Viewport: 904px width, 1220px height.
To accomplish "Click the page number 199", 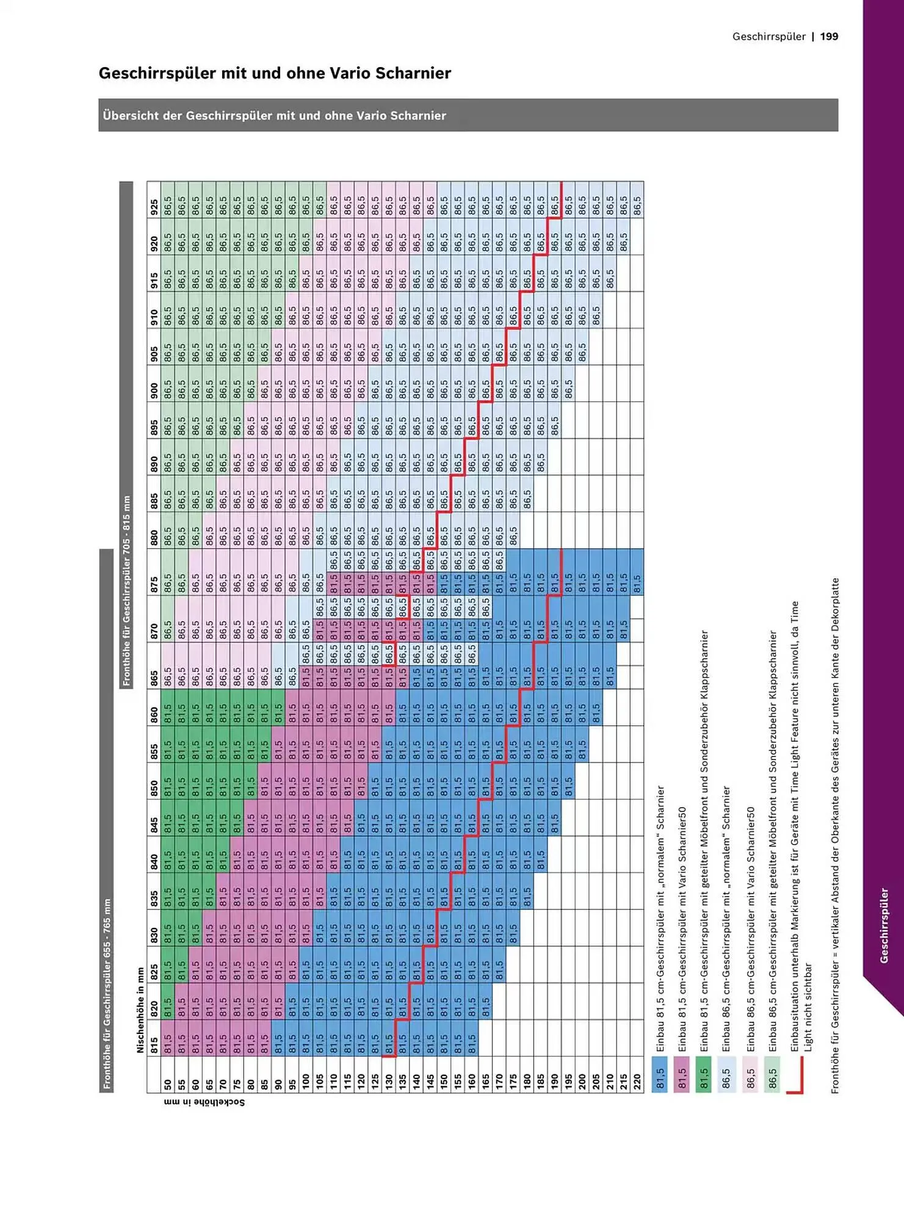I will click(829, 37).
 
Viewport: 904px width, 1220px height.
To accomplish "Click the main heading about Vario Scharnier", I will click(275, 73).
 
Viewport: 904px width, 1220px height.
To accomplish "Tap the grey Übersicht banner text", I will click(274, 115).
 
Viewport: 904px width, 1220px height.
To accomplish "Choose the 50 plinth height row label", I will click(168, 1084).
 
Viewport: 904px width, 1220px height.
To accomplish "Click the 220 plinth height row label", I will click(637, 1084).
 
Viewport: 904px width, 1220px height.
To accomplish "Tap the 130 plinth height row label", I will click(389, 1084).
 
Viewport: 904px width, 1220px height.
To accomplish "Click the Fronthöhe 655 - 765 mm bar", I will click(107, 994).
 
